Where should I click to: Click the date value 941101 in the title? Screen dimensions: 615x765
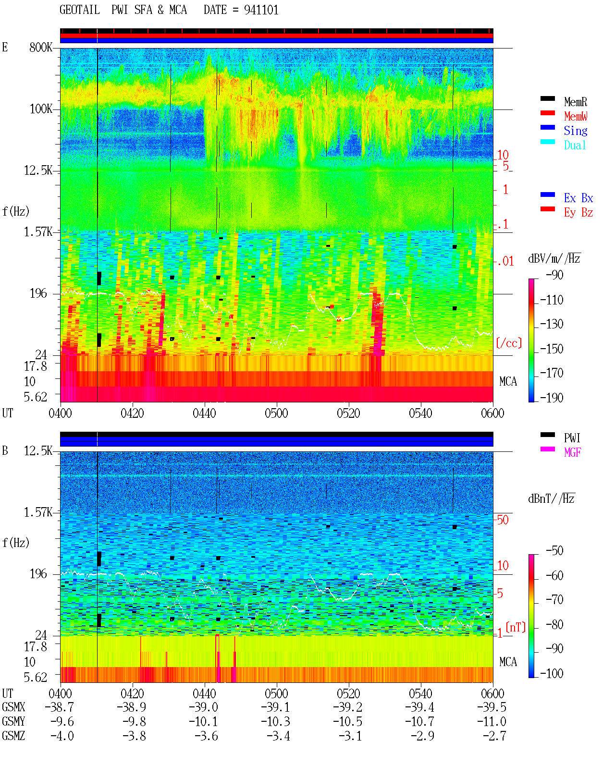[x=261, y=10]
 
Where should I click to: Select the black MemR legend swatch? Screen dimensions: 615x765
[x=547, y=98]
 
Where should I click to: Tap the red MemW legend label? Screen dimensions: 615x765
[x=576, y=116]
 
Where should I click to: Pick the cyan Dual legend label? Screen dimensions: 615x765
[x=575, y=145]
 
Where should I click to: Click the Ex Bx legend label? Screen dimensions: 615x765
[x=578, y=198]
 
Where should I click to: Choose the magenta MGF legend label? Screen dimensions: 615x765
[x=572, y=452]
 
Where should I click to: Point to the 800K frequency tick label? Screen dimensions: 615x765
[x=41, y=47]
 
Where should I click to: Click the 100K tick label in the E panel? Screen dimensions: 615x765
[x=41, y=109]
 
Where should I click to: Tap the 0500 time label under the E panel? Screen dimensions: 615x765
[x=276, y=413]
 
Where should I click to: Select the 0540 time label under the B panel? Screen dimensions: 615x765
[x=420, y=693]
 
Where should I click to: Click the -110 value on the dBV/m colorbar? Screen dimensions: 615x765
[x=552, y=300]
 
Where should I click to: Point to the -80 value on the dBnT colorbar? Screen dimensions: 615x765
[x=554, y=625]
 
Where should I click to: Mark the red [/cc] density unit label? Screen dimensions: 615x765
[x=509, y=343]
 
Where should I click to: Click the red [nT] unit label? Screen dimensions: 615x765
[x=516, y=628]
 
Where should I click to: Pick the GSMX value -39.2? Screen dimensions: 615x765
[x=347, y=707]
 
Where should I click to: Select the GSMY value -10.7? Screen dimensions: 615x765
[x=419, y=722]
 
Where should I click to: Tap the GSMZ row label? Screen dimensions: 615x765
[x=13, y=736]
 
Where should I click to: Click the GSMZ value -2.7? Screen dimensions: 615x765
[x=494, y=736]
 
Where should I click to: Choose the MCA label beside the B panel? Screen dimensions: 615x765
[x=508, y=662]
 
